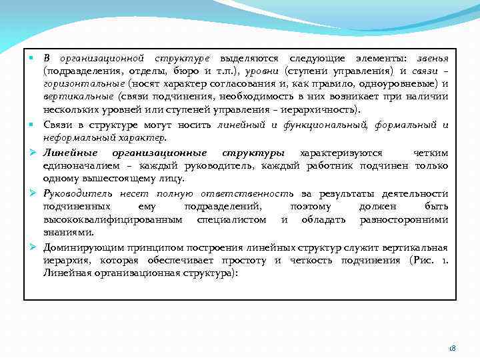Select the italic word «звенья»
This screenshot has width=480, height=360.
pos(431,58)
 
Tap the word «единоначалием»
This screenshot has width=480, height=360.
pos(79,165)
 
